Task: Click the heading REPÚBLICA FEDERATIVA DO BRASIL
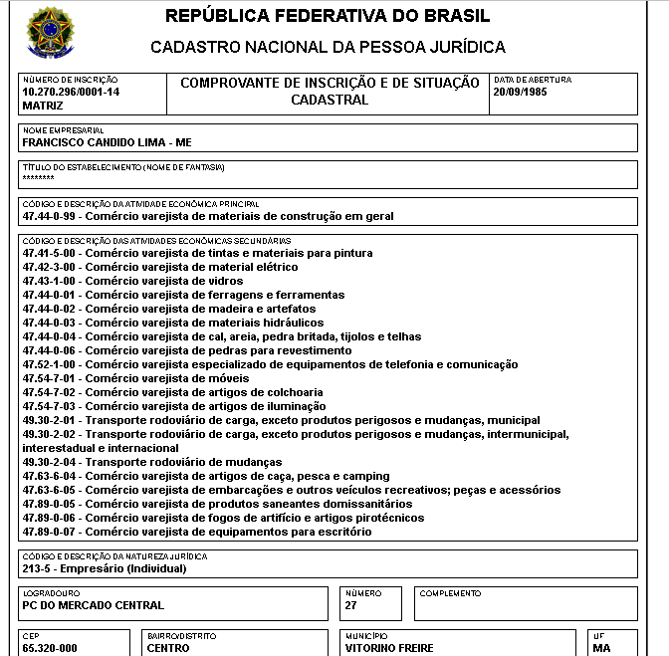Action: [328, 17]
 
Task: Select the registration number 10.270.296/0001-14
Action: [71, 92]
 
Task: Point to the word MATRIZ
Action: [42, 105]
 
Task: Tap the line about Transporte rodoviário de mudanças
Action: [152, 463]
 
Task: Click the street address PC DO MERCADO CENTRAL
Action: [93, 605]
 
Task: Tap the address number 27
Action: [351, 605]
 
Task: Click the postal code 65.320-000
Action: [50, 648]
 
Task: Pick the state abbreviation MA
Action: [601, 648]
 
